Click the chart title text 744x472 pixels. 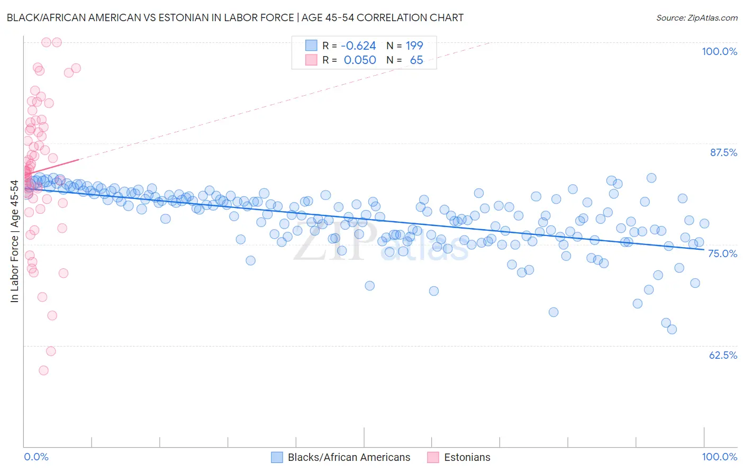[x=235, y=17]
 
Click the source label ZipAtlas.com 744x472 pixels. [x=696, y=17]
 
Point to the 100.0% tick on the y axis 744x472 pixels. [x=719, y=51]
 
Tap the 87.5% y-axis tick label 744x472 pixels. [x=723, y=152]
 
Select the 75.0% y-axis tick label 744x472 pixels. [x=722, y=253]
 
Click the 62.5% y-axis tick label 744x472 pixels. [x=723, y=355]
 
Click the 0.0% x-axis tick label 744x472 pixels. [x=36, y=457]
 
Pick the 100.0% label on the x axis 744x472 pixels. [x=719, y=457]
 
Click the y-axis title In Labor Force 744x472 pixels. [x=14, y=241]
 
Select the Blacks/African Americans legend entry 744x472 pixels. [x=349, y=457]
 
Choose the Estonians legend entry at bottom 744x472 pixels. [x=467, y=457]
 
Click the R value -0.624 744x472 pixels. [x=358, y=46]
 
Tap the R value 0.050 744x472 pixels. [x=360, y=60]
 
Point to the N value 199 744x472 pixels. [x=414, y=46]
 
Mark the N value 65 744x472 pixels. [x=416, y=60]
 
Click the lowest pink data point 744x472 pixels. [x=43, y=370]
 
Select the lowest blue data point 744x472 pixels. [x=672, y=330]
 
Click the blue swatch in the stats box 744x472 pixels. [x=311, y=46]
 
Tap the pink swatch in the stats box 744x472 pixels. [x=311, y=60]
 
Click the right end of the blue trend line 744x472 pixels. [x=704, y=249]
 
